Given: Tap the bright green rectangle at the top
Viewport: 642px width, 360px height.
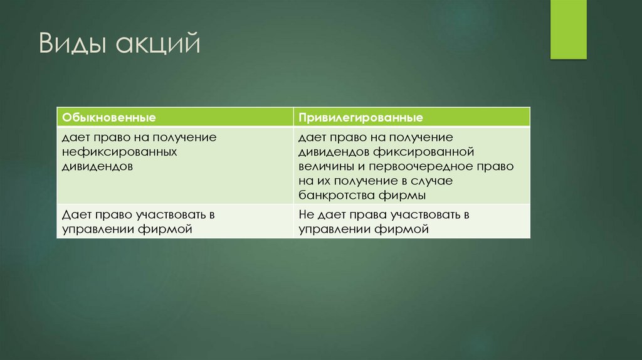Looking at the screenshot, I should [x=568, y=29].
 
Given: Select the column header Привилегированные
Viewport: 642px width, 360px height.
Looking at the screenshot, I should [x=360, y=117].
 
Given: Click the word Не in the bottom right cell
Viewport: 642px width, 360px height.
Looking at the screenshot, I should [x=306, y=215].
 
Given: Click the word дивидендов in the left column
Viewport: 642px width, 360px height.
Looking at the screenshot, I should [x=97, y=167].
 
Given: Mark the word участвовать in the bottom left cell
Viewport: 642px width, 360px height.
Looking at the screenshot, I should [x=168, y=215].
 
